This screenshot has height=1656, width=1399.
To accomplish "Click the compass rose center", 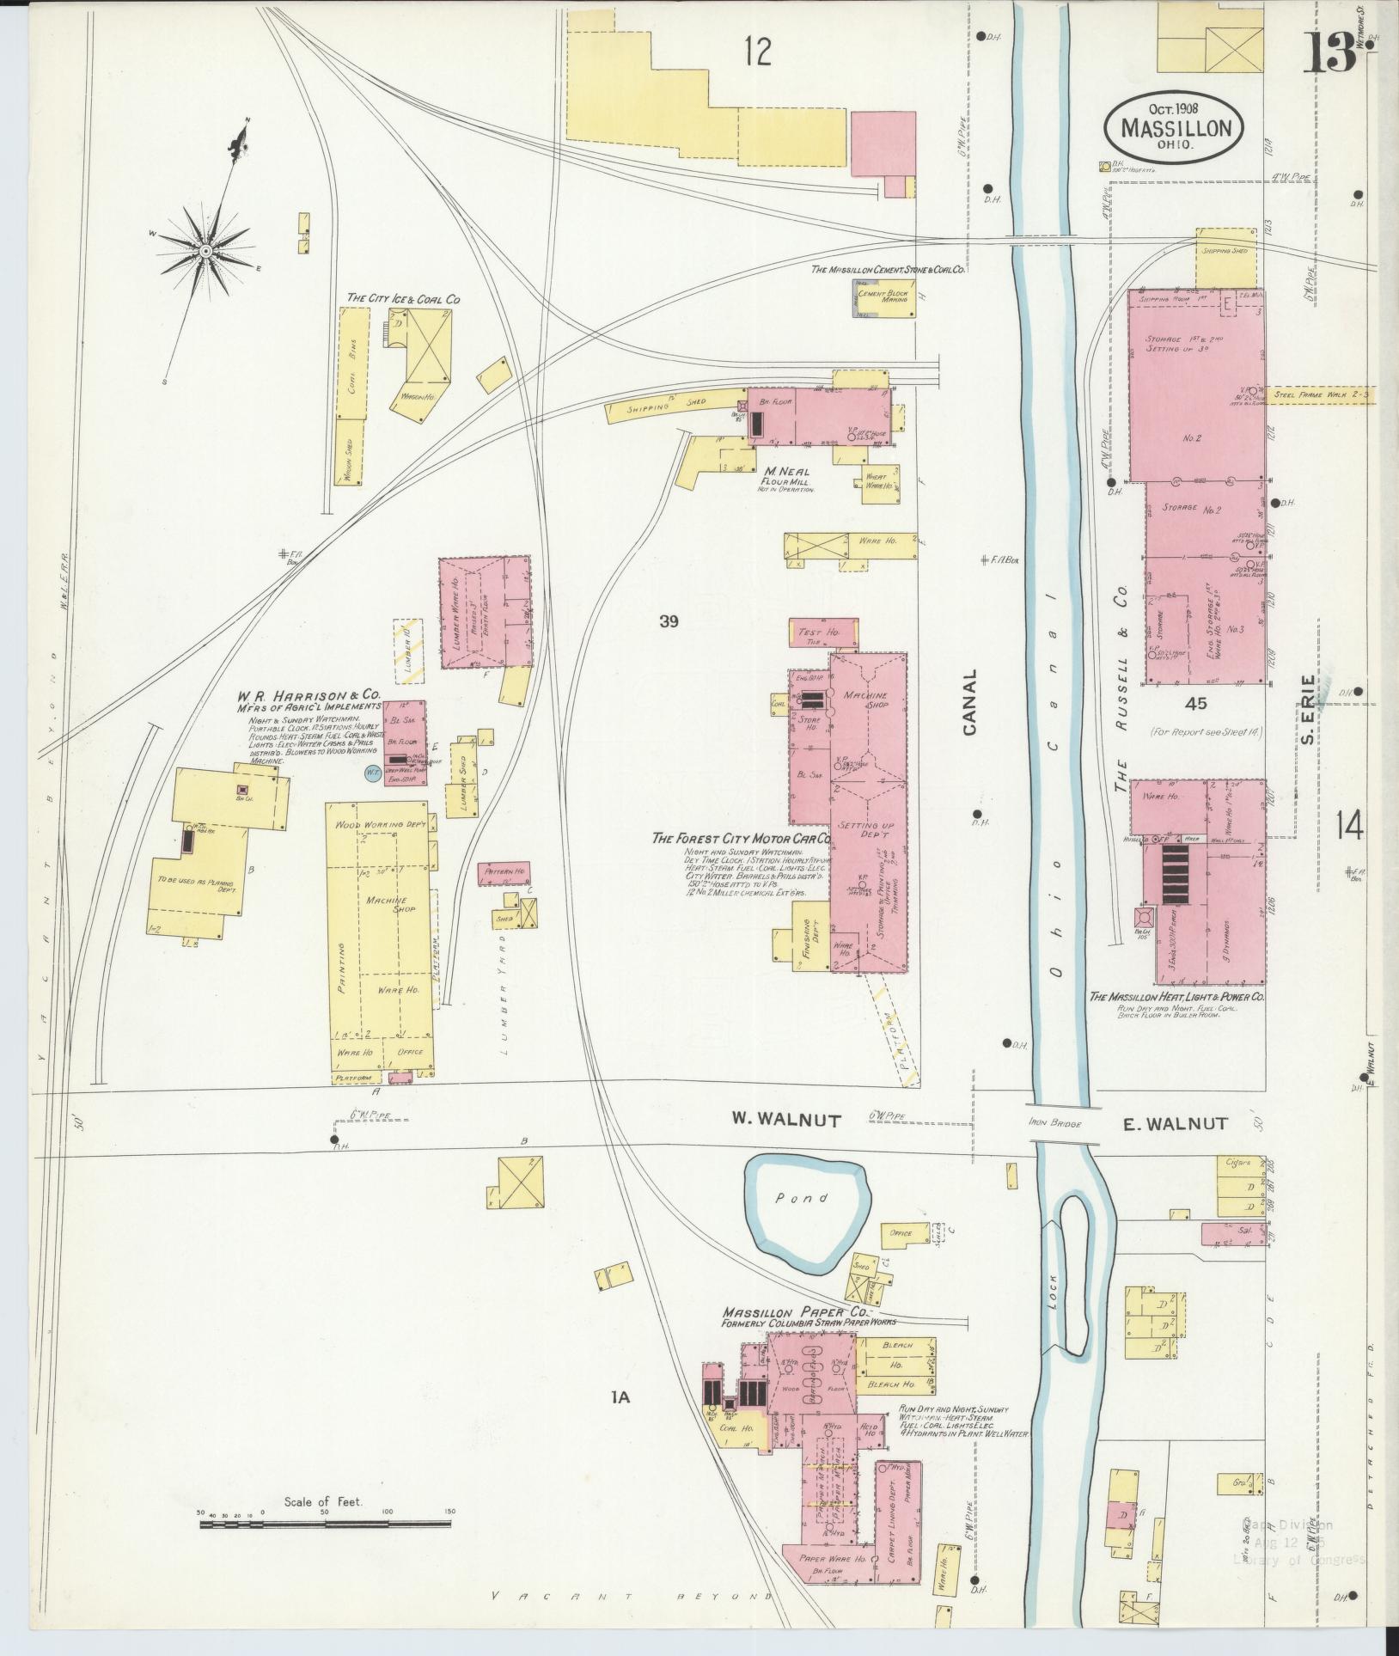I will point(206,250).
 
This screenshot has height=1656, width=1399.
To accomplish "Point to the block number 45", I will point(1194,703).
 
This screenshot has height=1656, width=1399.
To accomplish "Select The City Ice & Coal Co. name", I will point(403,298).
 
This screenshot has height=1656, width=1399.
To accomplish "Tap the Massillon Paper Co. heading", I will point(796,1338).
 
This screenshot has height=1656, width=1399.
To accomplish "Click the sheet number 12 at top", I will point(758,53).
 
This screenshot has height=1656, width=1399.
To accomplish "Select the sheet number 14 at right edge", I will point(1349,827).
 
